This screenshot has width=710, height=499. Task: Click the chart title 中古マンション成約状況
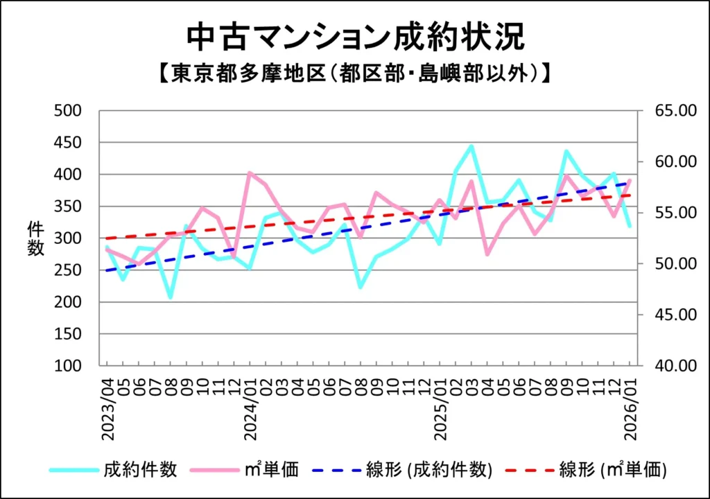[354, 38]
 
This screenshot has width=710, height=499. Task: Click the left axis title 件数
[35, 238]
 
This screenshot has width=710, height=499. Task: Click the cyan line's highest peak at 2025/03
[471, 146]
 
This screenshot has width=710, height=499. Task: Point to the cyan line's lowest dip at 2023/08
[171, 297]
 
